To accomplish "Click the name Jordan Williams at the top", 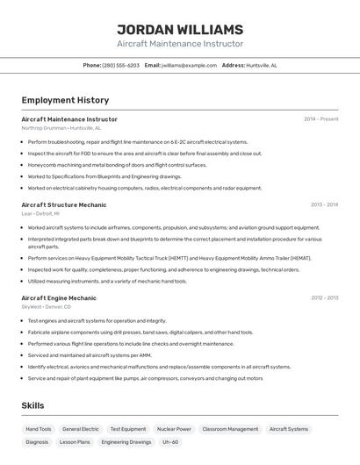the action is [x=180, y=30].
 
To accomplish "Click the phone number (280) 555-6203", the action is [x=120, y=65].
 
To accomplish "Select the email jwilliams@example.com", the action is [x=189, y=65].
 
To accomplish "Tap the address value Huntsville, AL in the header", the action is [x=262, y=65].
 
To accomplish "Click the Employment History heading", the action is [x=65, y=100].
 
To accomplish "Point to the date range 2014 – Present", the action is [x=320, y=118].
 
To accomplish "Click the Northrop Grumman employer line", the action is [x=61, y=127].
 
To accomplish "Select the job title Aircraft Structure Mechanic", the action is [x=64, y=204].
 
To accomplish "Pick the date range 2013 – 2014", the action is [x=324, y=204].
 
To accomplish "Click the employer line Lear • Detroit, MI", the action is [x=40, y=213].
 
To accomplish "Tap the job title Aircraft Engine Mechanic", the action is [x=59, y=297].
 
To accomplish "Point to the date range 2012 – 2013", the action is [x=324, y=297].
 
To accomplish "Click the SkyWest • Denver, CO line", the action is [x=46, y=307].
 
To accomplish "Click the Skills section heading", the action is [x=32, y=405].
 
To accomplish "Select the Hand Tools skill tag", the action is [x=39, y=429].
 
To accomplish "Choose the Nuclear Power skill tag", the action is [x=174, y=429].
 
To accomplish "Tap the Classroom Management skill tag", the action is [x=230, y=429].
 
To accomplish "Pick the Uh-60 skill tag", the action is [x=170, y=442].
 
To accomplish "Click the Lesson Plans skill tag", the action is [x=75, y=442].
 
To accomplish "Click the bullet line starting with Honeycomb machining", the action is [x=117, y=165].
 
